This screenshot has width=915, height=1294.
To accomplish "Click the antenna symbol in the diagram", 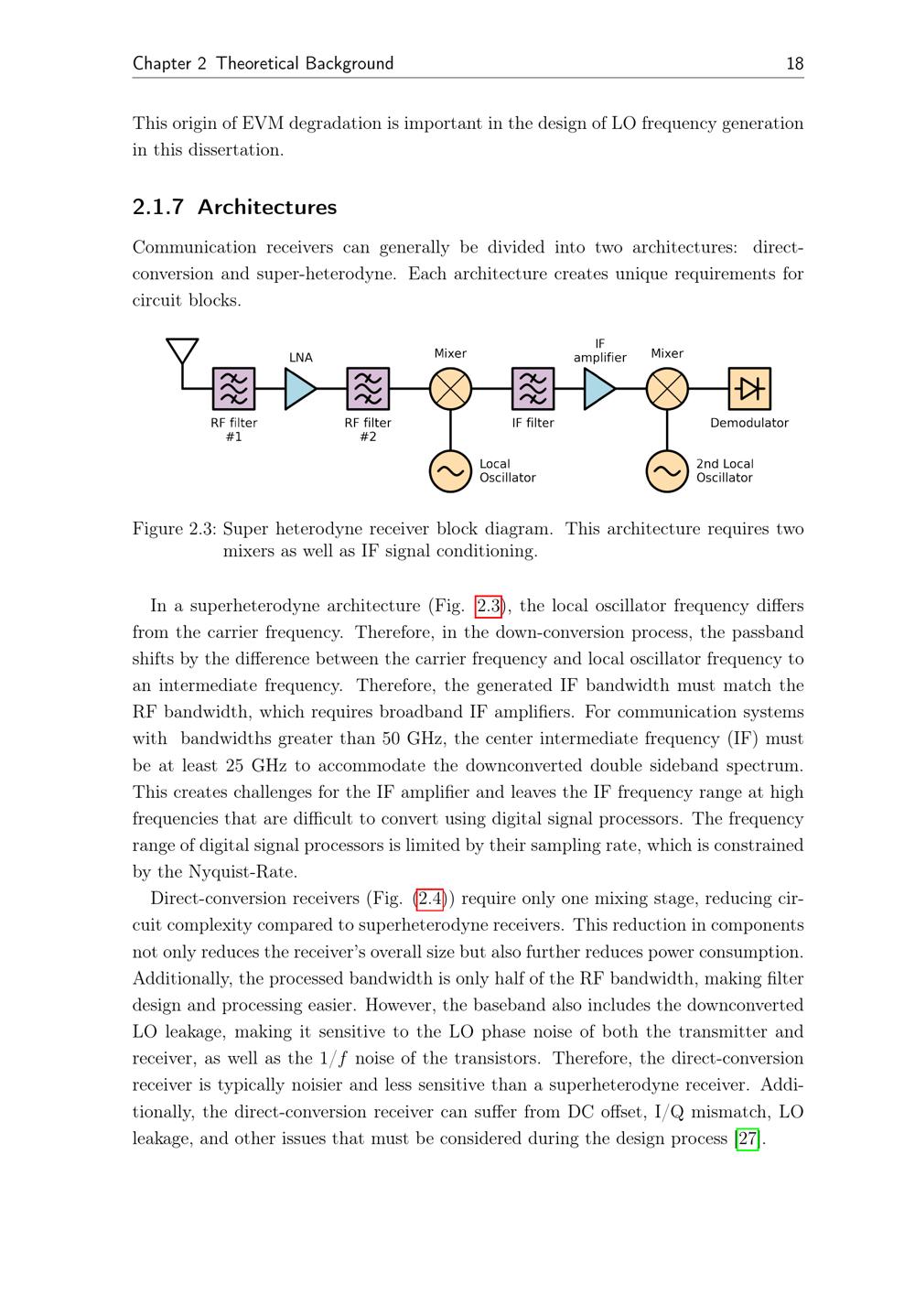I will tap(182, 352).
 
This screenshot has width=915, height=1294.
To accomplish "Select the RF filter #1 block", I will tap(233, 389).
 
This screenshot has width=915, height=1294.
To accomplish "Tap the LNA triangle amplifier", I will tap(299, 389).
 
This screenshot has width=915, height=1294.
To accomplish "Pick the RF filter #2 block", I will tap(368, 389).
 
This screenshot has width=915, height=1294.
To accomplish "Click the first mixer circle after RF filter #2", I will tap(450, 389).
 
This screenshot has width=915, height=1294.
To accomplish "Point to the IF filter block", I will tap(533, 389).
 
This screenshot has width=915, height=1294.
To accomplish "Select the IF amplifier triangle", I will tap(598, 389).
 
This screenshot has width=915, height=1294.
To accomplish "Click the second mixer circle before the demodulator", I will tap(667, 389).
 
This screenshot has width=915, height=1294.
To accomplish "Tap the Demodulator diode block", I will tap(749, 389).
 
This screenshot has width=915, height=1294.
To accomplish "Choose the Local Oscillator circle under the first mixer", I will tap(450, 471).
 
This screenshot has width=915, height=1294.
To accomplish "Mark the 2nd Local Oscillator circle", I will tap(667, 471).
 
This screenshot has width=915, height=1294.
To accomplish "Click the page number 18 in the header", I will tap(794, 63).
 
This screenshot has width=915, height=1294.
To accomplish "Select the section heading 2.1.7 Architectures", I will tap(235, 208).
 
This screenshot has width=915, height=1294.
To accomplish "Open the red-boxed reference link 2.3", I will tap(489, 606).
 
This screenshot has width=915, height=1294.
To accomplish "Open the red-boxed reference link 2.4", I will tap(430, 899).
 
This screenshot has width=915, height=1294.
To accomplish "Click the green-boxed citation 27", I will tap(748, 1139).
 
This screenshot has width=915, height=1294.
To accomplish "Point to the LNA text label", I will tap(300, 358).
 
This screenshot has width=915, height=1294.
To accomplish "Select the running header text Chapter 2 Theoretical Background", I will tap(264, 63).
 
